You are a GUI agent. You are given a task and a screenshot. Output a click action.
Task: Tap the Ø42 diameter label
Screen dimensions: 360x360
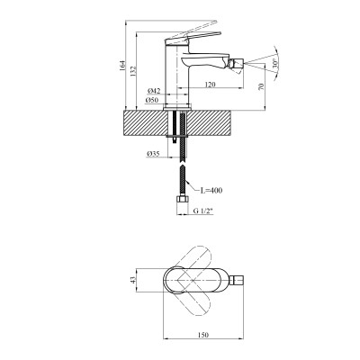tap(154, 91)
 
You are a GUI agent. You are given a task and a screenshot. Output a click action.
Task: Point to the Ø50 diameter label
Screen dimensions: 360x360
tap(154, 100)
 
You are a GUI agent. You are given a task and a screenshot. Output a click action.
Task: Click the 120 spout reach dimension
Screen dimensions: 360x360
tap(209, 85)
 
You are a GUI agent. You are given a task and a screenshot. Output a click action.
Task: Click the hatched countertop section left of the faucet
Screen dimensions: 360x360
tap(144, 121)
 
